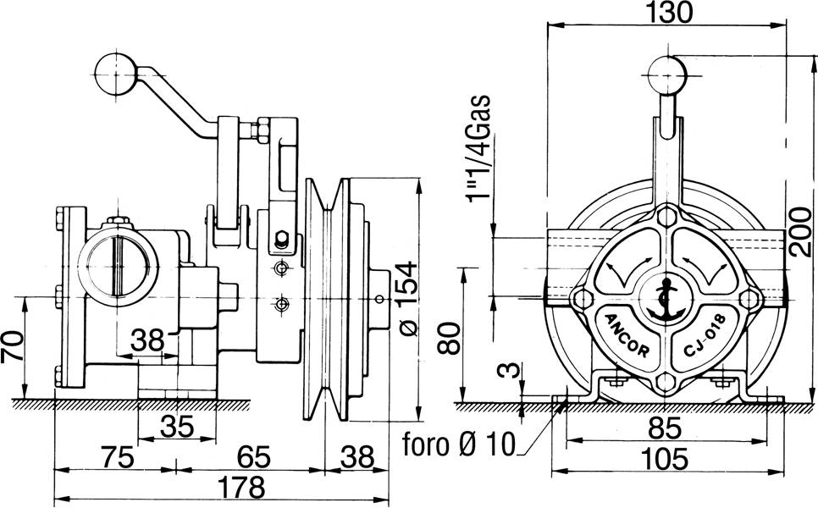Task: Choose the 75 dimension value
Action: pyautogui.click(x=116, y=458)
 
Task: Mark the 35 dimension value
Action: pyautogui.click(x=176, y=426)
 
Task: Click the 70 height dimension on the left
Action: pyautogui.click(x=13, y=347)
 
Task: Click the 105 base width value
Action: pyautogui.click(x=665, y=459)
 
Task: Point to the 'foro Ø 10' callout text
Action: pyautogui.click(x=458, y=444)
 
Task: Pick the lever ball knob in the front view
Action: pyautogui.click(x=666, y=75)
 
